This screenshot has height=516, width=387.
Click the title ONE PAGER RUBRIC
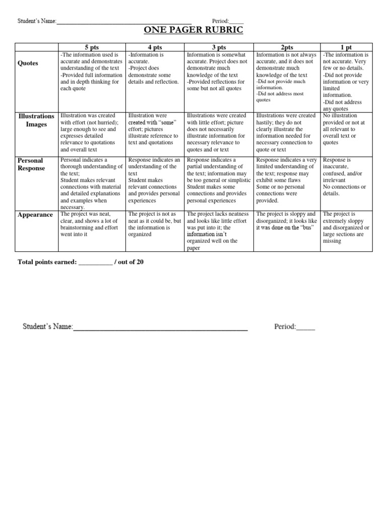pos(193,31)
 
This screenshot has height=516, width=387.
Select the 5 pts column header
pos(91,46)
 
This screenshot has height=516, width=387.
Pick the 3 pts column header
pos(218,46)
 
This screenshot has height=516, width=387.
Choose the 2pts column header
pos(286,46)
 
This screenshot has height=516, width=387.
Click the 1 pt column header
pos(346,46)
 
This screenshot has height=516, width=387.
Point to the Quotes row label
pos(28,63)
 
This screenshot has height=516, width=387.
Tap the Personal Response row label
pos(31,164)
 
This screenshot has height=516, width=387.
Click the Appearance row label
pos(35,215)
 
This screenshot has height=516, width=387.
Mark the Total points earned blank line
pos(96,264)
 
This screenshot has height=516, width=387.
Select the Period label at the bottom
pos(285,327)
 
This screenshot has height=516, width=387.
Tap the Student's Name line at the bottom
pos(160,328)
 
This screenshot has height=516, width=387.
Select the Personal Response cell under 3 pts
pos(218,180)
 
